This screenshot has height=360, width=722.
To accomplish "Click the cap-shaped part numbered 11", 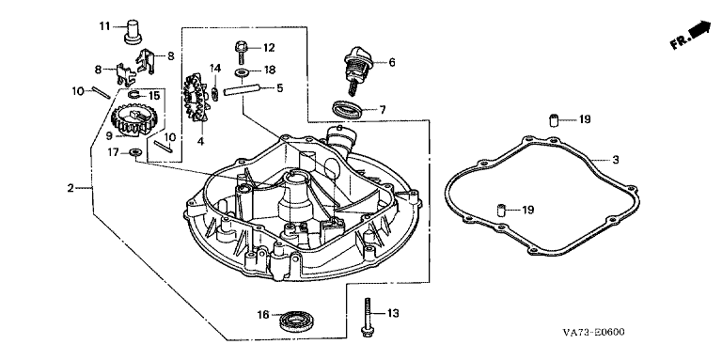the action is tap(133, 31).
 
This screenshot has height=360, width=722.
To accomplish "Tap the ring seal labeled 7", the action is tap(347, 111).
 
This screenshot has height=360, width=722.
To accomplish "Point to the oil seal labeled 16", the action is tap(300, 320).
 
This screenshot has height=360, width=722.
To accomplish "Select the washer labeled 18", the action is tap(241, 72).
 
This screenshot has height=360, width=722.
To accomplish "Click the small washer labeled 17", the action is tap(135, 151).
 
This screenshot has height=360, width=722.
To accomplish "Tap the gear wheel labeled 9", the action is tap(132, 120).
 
